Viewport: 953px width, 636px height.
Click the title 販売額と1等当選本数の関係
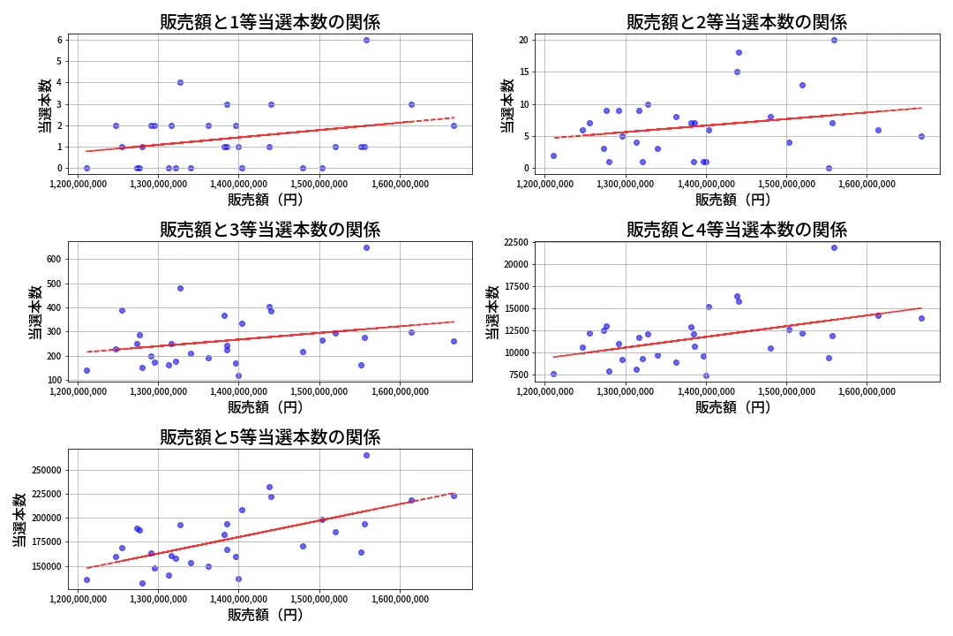[x=270, y=22]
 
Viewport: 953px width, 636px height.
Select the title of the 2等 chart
[x=737, y=22]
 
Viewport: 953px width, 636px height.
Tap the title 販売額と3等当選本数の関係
[x=270, y=230]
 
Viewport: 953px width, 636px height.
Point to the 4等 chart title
[x=737, y=230]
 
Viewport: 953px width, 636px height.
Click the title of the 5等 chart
[x=270, y=437]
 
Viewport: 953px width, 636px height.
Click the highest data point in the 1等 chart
[x=366, y=40]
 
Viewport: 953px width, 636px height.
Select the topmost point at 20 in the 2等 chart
[x=834, y=40]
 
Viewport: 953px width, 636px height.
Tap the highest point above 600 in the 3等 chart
[x=366, y=247]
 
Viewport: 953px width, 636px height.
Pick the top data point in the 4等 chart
[x=834, y=247]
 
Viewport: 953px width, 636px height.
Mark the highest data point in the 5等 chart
[x=366, y=455]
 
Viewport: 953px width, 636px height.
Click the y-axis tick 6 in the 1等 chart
[x=57, y=40]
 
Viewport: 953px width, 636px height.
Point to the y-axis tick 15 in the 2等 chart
[x=522, y=72]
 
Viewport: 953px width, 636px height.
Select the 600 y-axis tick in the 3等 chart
[x=51, y=260]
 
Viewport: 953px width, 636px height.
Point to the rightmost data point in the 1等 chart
[x=454, y=125]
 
